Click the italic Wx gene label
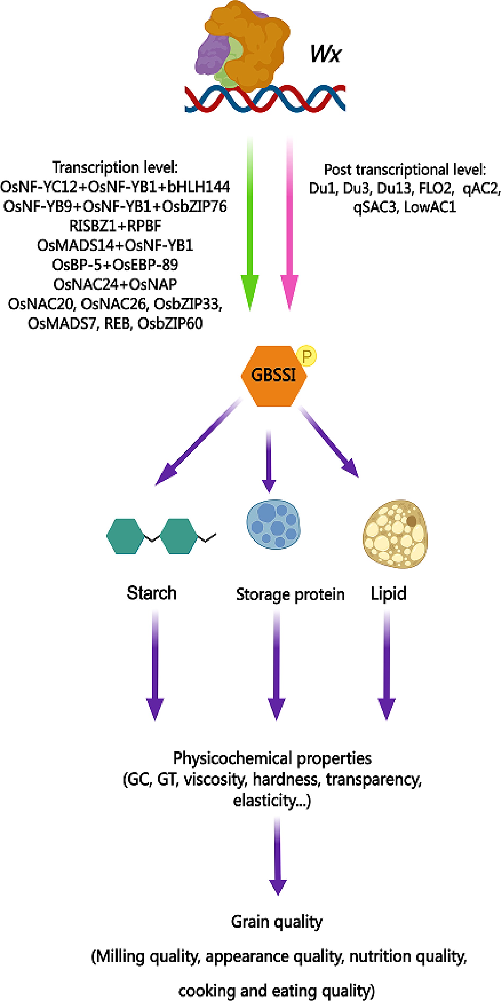pyautogui.click(x=325, y=54)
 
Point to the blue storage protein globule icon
pyautogui.click(x=274, y=525)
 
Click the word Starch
pyautogui.click(x=151, y=593)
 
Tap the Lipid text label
pyautogui.click(x=388, y=594)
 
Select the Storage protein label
pyautogui.click(x=290, y=595)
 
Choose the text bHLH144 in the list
pyautogui.click(x=199, y=187)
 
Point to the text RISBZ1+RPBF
pyautogui.click(x=115, y=226)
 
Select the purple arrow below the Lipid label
pyautogui.click(x=386, y=664)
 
